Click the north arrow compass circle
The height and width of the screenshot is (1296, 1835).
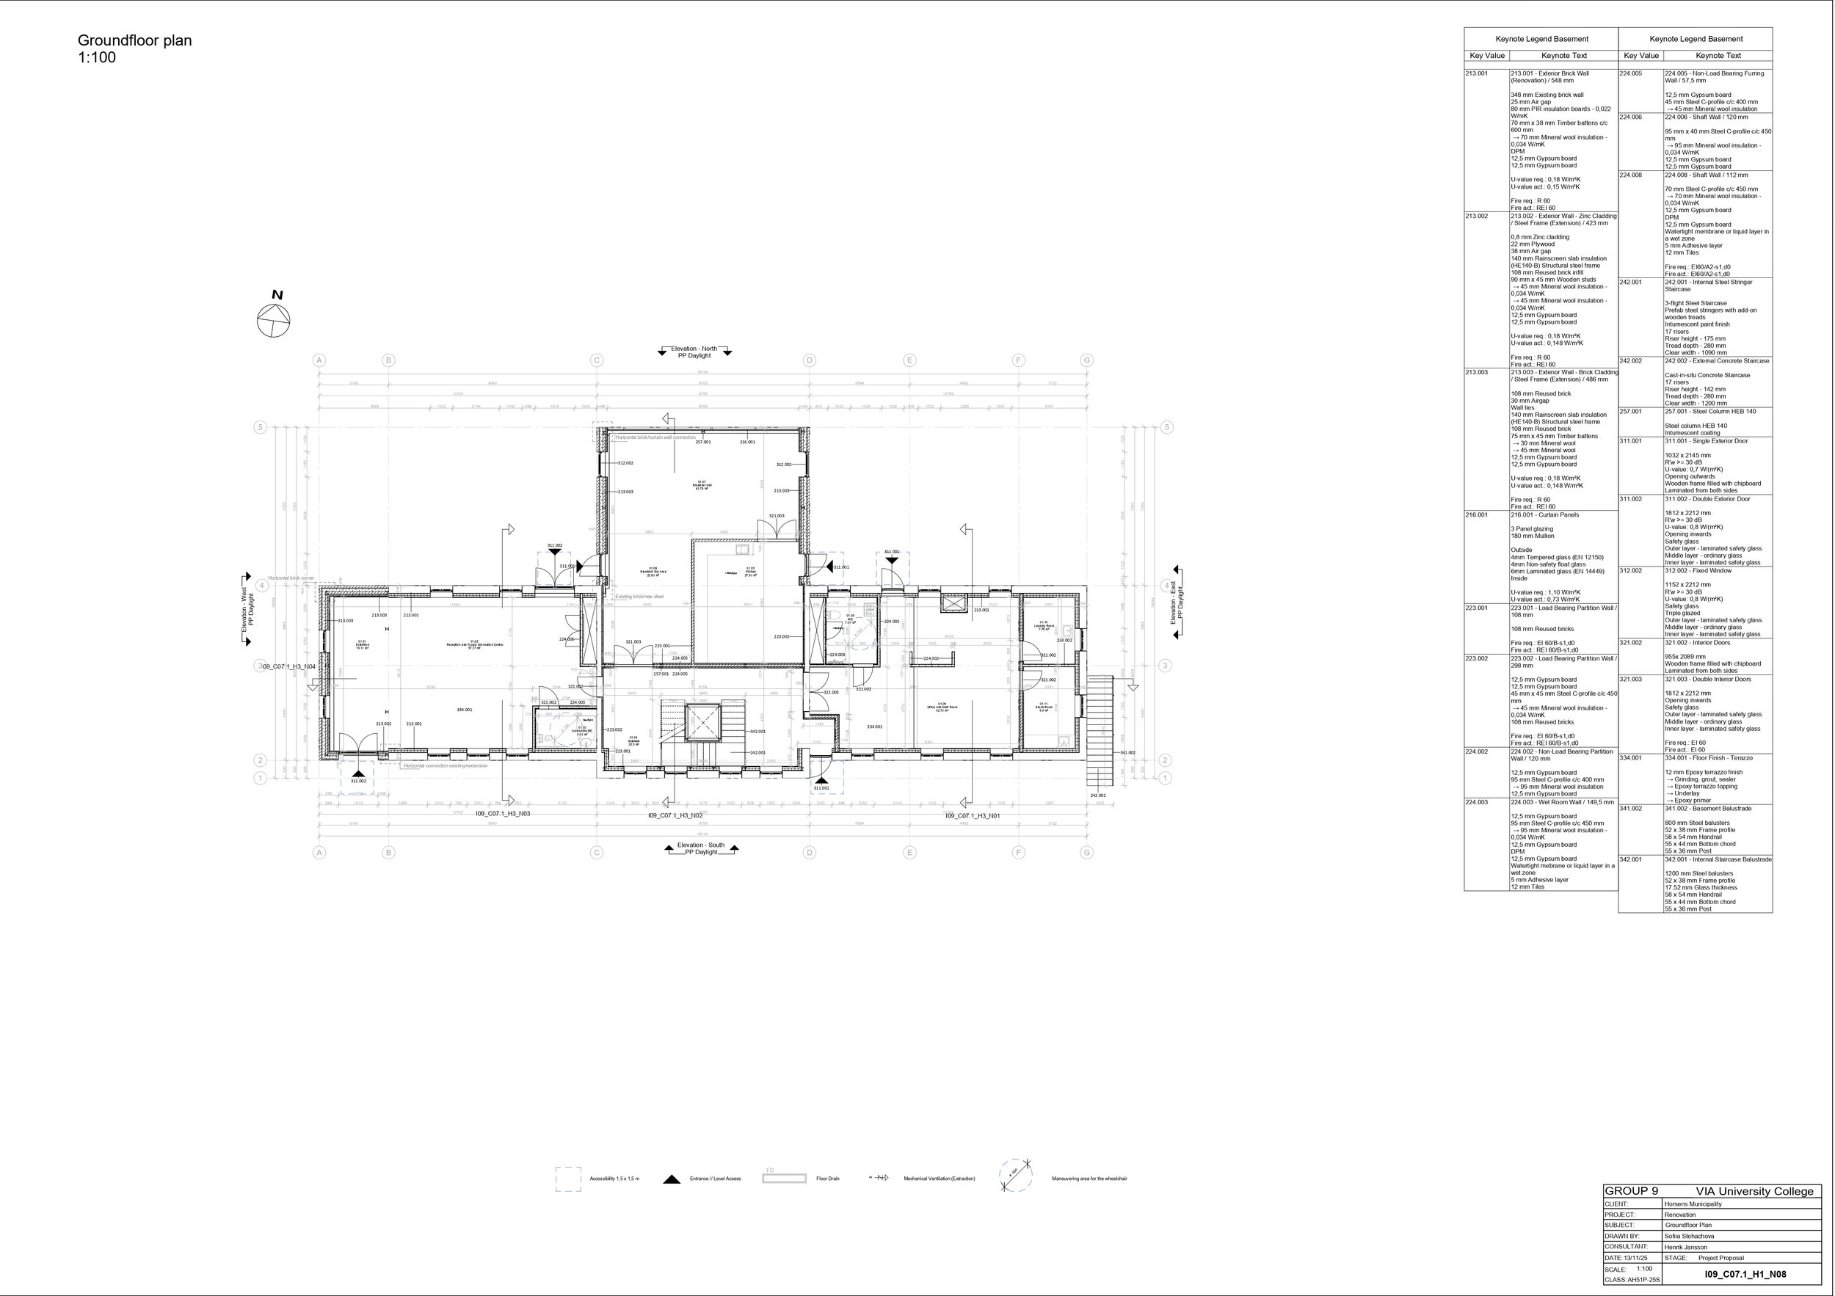tap(273, 321)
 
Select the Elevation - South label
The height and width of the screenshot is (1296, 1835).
tap(701, 845)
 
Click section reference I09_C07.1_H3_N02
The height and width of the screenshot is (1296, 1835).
tap(675, 817)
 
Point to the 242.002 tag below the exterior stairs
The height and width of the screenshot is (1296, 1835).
tap(1097, 796)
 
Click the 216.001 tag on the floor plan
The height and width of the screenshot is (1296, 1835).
tap(747, 442)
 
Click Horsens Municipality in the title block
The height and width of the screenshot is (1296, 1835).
tap(1693, 1204)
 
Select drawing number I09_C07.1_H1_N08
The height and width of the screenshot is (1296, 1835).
tap(1745, 1275)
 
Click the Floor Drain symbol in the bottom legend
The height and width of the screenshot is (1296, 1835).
tap(784, 1179)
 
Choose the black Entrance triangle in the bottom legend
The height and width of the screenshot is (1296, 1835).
tap(672, 1179)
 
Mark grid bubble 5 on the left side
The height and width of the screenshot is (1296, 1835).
tap(260, 427)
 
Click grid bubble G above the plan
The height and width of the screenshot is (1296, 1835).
tap(1087, 360)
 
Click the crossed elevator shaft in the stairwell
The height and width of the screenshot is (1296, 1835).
tap(704, 723)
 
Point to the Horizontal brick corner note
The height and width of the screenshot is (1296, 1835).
tap(291, 578)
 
